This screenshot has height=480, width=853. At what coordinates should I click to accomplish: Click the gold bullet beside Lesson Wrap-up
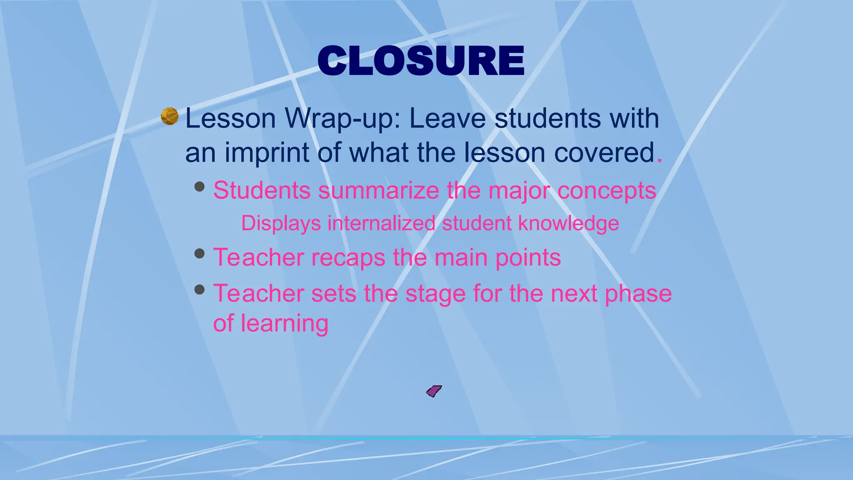170,116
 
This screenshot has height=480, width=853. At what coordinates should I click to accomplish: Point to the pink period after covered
659,160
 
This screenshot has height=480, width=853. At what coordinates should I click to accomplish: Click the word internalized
381,223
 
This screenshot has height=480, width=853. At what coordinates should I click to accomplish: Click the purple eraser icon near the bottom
434,391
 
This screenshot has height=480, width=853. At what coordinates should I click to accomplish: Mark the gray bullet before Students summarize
200,186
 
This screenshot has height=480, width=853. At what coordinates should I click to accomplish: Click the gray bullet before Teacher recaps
200,253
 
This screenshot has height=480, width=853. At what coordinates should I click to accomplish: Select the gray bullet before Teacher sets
200,289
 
